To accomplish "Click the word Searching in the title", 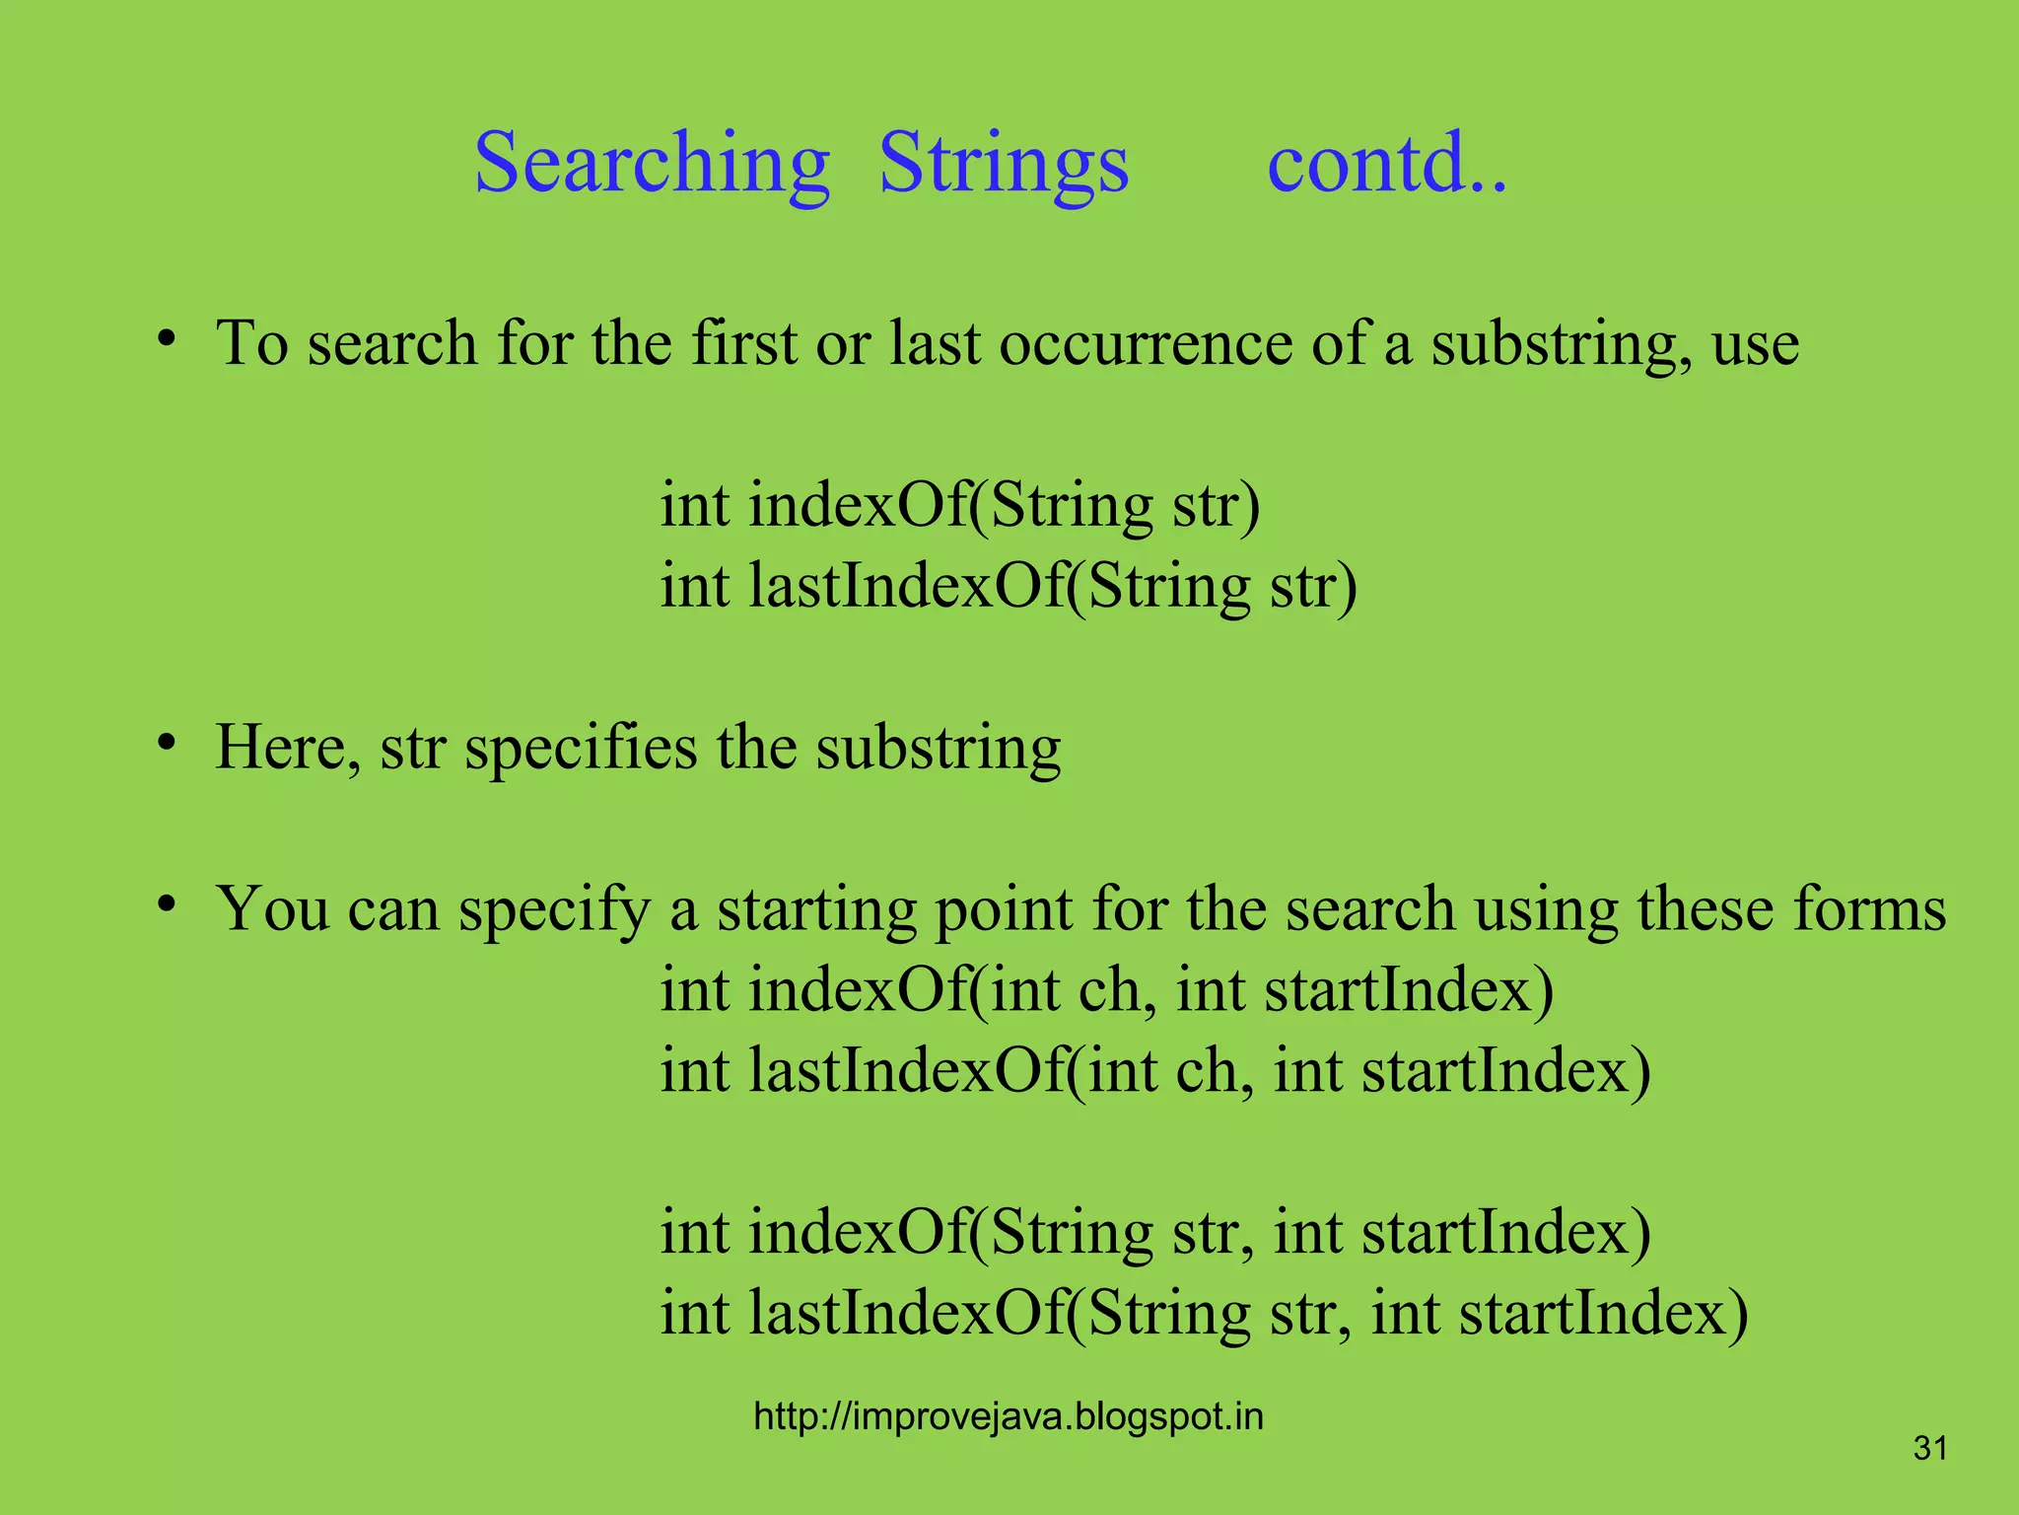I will (652, 164).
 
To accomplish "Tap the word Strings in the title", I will (1004, 164).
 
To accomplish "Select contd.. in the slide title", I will (1386, 164).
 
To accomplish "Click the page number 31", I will (1930, 1449).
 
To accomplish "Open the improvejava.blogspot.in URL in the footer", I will (1008, 1416).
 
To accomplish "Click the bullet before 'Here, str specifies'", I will (167, 744).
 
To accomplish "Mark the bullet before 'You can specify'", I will (167, 905).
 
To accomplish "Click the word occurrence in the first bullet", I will (1146, 344).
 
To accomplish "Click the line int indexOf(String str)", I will (959, 506).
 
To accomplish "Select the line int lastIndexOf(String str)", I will (1008, 587).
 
